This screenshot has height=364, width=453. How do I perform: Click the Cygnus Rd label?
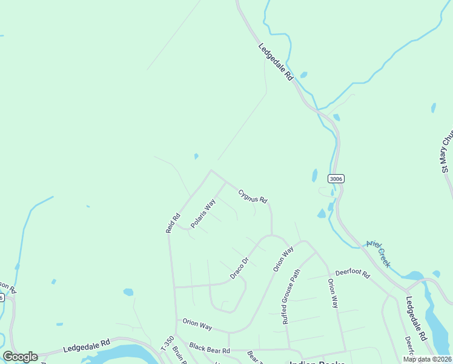pos(253,195)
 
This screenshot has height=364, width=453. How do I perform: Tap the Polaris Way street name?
pos(203,214)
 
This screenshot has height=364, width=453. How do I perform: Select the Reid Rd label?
pos(173,223)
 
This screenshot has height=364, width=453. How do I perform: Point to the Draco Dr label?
pos(240,269)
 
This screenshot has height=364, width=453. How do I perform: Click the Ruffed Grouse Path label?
pos(291,297)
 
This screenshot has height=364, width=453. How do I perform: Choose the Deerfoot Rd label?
pos(352,274)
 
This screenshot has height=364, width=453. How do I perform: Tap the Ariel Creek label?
pos(379,254)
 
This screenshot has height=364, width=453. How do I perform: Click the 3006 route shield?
pos(336,178)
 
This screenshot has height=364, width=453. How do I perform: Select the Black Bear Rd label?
pos(210,350)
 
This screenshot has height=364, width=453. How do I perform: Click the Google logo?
pos(21,357)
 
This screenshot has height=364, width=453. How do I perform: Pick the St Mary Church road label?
pos(446,152)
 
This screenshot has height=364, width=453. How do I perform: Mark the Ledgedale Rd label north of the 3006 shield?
pos(276,62)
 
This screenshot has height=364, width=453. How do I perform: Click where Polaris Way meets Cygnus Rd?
pos(226,182)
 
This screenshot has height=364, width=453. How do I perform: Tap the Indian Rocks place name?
pos(317,362)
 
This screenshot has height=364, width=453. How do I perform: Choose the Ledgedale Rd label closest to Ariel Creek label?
pos(417,318)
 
